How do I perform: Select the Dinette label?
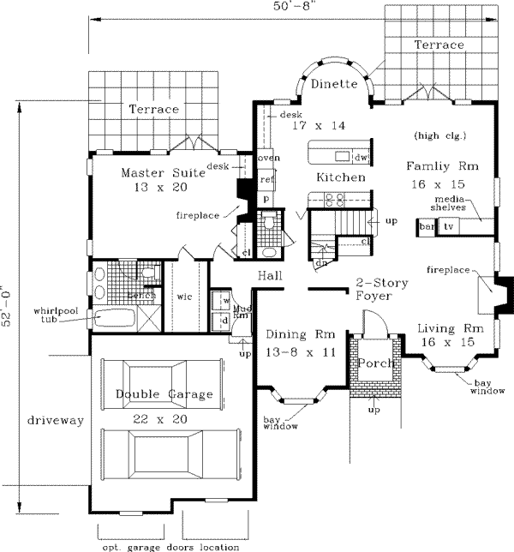[x=333, y=84]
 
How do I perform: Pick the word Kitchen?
[x=341, y=177]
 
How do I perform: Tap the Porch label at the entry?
[x=375, y=363]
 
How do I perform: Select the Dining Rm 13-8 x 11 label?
[x=294, y=341]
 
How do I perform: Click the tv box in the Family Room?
[x=450, y=226]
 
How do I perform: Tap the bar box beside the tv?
[x=427, y=226]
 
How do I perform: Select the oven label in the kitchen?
[x=269, y=159]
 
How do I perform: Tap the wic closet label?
[x=183, y=297]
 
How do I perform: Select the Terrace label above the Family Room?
[x=439, y=45]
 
